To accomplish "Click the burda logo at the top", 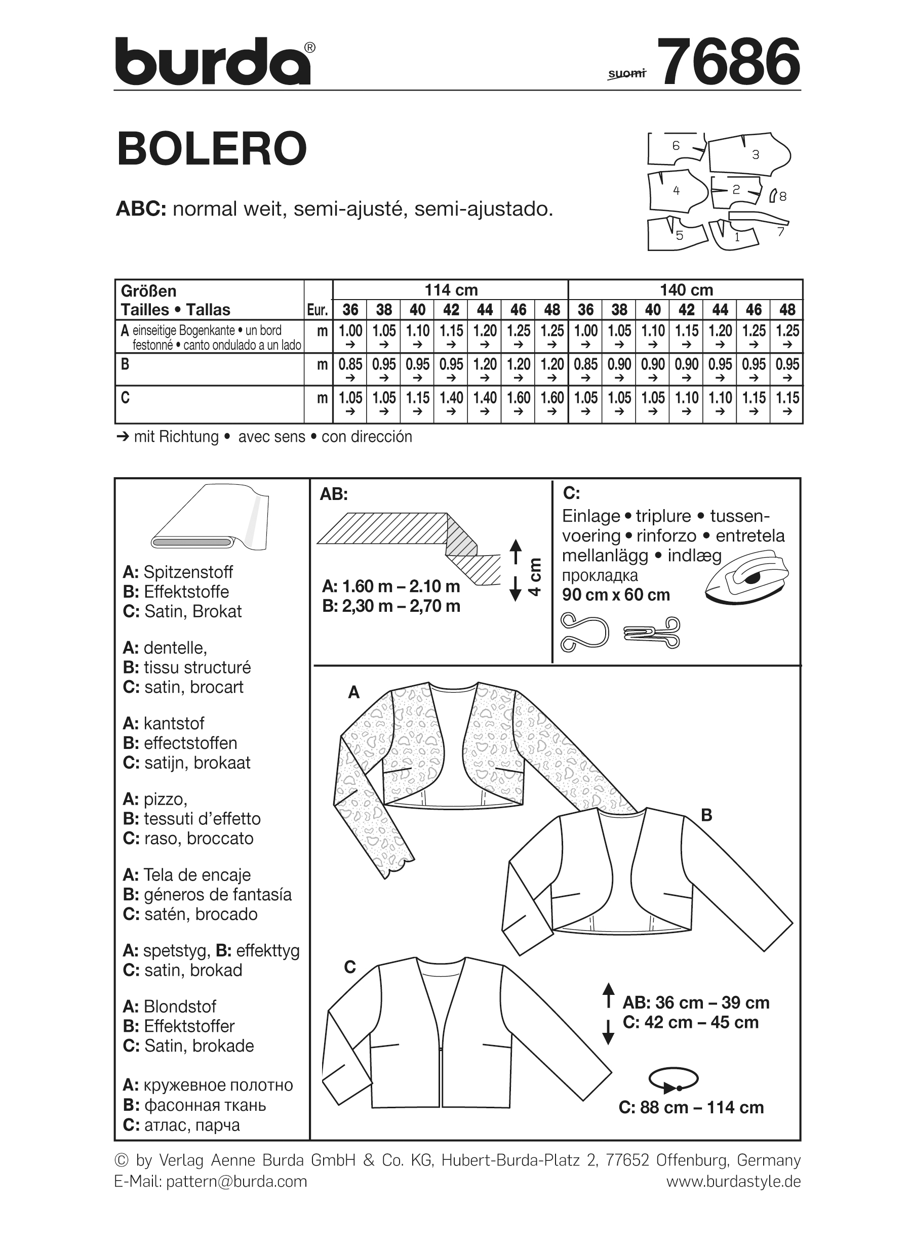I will point(214,61).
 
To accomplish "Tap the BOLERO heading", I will point(212,148).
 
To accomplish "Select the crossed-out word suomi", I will point(626,73).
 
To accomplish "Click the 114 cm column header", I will point(451,290).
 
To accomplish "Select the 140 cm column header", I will point(686,290).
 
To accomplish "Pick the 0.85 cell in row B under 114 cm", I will point(350,365).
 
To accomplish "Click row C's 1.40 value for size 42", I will point(451,398).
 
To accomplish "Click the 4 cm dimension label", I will point(534,576).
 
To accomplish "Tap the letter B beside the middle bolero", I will point(706,815).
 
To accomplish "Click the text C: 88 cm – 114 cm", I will point(691,1107).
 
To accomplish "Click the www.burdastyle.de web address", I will point(733,1182).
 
